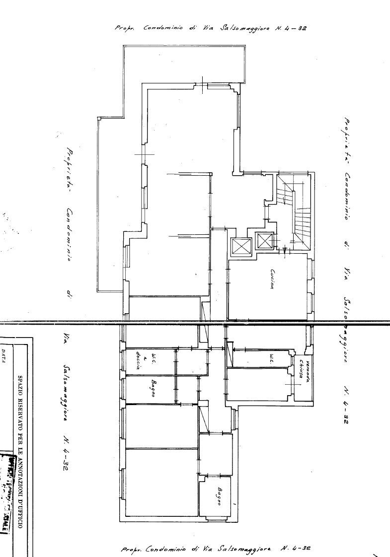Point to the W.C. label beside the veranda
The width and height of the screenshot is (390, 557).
[272, 359]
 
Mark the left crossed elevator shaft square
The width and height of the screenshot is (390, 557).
[241, 246]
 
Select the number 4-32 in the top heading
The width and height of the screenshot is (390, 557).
[298, 28]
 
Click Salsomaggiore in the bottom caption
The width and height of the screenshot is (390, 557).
[245, 549]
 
